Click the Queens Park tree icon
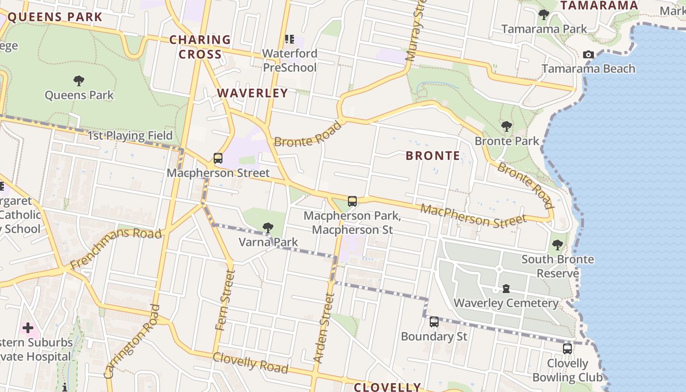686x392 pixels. tap(78, 81)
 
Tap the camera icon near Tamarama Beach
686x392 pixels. tap(588, 54)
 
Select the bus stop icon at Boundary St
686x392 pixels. tap(434, 322)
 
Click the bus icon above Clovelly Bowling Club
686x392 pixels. tap(567, 349)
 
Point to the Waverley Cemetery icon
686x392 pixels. tap(506, 289)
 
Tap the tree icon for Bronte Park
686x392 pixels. tap(506, 126)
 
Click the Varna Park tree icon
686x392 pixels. tap(268, 227)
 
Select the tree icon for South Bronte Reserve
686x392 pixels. tap(557, 245)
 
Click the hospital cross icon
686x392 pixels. tap(27, 327)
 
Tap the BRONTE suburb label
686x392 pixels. tap(433, 156)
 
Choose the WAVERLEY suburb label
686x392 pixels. tap(252, 93)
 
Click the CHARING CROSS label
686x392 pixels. tap(200, 47)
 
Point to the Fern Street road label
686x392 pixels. tap(225, 300)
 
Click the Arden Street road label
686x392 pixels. tap(323, 327)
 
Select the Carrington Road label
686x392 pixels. tap(132, 342)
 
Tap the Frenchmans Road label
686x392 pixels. tap(116, 247)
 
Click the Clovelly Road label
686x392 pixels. tap(250, 362)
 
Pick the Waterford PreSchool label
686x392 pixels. tap(290, 60)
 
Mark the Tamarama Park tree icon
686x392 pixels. tap(543, 14)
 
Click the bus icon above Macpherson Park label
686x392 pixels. tap(352, 201)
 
